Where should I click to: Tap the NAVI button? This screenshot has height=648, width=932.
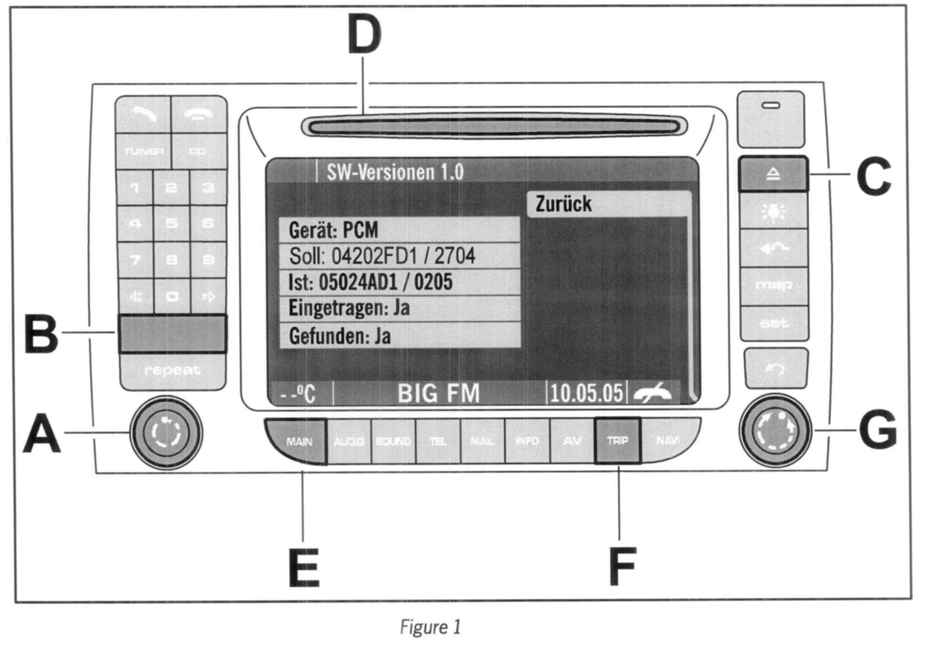(x=668, y=440)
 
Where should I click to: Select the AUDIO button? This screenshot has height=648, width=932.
(x=349, y=441)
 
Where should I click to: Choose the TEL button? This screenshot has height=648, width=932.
(x=438, y=441)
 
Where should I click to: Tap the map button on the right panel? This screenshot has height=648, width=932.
(x=773, y=286)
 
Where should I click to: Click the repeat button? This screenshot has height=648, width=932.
(x=172, y=371)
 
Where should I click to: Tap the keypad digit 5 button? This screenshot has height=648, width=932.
(x=171, y=224)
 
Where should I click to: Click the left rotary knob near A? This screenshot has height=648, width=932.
(x=166, y=432)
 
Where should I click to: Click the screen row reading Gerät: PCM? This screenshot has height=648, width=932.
(x=399, y=230)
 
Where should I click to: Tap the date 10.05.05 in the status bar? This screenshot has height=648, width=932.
(x=586, y=393)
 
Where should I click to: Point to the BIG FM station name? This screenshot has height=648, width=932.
(x=439, y=393)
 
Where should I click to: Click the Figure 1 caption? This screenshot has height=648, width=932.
(x=430, y=627)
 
